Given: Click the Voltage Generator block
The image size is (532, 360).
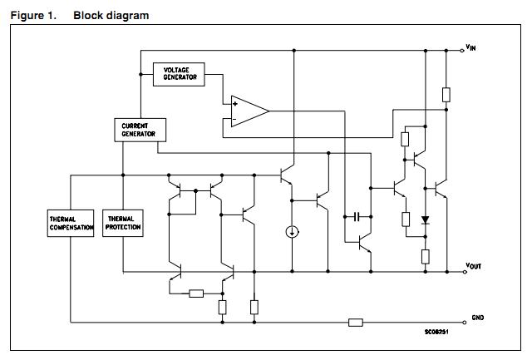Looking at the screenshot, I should [179, 73].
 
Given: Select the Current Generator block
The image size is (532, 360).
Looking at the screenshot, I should [140, 129].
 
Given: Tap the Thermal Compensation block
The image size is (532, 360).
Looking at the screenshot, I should [70, 224].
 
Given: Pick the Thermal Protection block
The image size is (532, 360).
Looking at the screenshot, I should [122, 224].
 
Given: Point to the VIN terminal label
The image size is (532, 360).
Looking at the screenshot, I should [470, 48].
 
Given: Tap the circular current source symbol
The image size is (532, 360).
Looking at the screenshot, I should [292, 231].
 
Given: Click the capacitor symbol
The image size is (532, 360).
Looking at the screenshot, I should [357, 216].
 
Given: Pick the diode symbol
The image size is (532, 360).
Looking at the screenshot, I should [425, 220].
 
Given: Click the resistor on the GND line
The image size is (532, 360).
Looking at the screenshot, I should [356, 322].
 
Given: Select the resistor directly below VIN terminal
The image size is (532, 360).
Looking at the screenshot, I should [446, 94].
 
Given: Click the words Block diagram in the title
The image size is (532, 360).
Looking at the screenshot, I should [111, 16].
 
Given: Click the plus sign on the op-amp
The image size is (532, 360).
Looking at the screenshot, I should [236, 103].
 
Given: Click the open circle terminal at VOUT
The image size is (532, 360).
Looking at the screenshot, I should [463, 271].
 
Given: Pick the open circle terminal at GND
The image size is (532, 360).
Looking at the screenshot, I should [463, 322].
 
